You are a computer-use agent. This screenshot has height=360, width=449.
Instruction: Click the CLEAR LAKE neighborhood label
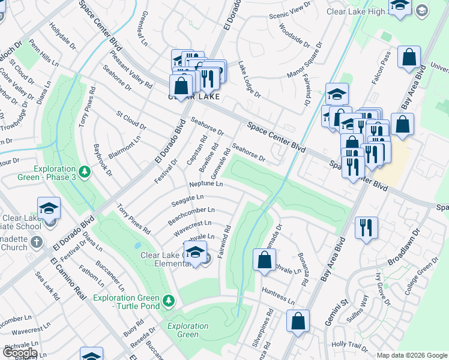193,97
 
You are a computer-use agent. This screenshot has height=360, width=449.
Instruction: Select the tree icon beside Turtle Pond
169,299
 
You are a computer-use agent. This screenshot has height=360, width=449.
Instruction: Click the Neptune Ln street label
206,184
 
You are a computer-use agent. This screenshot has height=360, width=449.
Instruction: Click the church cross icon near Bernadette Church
36,242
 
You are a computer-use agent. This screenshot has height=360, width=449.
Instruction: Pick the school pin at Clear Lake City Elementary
195,253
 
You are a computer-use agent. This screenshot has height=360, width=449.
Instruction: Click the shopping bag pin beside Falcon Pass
409,58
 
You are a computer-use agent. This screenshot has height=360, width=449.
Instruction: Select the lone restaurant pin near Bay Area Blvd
366,228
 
